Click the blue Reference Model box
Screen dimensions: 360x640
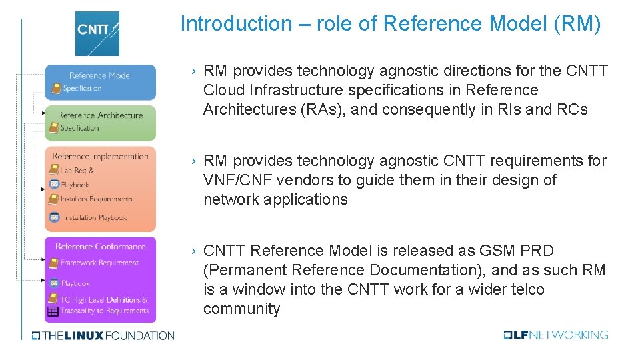[x=100, y=82]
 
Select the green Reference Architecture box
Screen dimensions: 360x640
[x=100, y=122]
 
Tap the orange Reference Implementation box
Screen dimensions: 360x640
[x=100, y=189]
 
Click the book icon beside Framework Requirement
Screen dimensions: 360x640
[x=53, y=263]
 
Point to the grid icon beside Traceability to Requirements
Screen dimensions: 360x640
[x=53, y=311]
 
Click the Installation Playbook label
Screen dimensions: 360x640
[x=95, y=217]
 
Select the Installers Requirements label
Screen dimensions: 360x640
[x=96, y=199]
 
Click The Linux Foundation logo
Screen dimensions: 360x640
[x=103, y=335]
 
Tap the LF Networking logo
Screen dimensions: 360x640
[x=556, y=335]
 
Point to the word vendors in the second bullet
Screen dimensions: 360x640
[x=309, y=180]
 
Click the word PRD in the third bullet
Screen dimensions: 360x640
[x=538, y=251]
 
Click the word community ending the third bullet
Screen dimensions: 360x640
[x=241, y=309]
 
